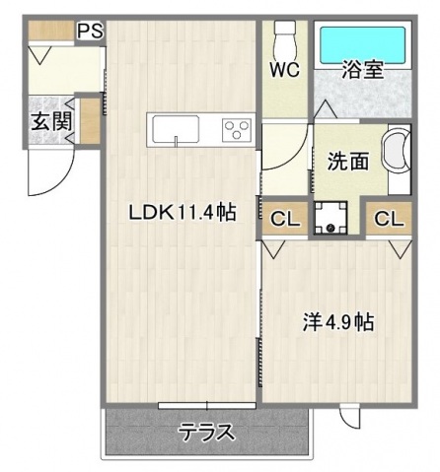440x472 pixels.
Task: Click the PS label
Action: (x=91, y=30)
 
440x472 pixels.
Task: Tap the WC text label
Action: (x=285, y=71)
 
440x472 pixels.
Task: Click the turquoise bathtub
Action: (x=362, y=43)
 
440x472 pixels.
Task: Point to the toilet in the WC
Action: (x=284, y=39)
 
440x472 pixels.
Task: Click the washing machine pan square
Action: (x=327, y=218)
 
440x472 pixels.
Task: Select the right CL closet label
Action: (x=389, y=219)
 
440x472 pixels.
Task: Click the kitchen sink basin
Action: (x=175, y=129)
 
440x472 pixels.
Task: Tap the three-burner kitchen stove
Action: (x=237, y=129)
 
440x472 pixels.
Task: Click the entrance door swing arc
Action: (x=43, y=175)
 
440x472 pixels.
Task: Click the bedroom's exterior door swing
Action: (x=351, y=418)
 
